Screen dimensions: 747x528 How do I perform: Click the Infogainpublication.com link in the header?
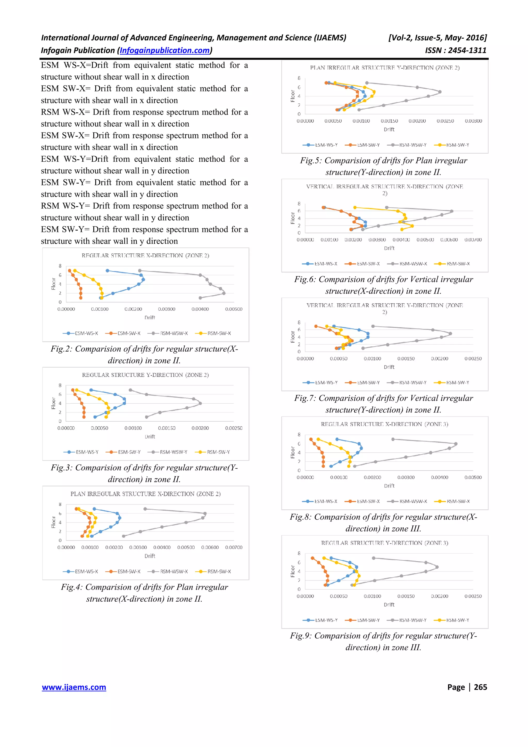pos(165,51)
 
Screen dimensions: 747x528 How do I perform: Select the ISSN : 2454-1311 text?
pos(456,51)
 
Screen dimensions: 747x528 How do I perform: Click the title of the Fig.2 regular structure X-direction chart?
pos(145,255)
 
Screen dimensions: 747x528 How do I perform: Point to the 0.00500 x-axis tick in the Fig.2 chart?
pos(234,309)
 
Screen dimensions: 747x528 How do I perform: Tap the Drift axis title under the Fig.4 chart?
pos(150,556)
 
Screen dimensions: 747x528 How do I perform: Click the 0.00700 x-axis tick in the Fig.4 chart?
pos(234,547)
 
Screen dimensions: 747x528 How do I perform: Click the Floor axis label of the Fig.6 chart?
pos(292,218)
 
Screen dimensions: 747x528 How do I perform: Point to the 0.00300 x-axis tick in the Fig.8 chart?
pos(406,477)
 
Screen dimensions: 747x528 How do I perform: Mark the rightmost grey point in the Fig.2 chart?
pos(224,293)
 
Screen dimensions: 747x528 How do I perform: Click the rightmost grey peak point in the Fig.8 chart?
pos(456,444)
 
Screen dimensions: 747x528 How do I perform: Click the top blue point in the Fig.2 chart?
pos(107,271)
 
